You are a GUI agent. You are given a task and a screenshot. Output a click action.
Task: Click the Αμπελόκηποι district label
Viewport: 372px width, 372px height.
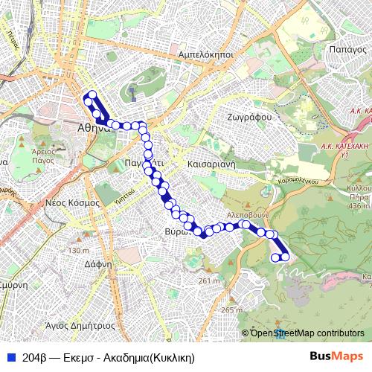(x=207, y=55)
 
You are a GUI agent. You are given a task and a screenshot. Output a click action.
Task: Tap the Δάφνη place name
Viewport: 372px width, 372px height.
(x=98, y=263)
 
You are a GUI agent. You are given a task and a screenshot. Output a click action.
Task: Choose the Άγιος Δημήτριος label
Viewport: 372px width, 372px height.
(x=80, y=325)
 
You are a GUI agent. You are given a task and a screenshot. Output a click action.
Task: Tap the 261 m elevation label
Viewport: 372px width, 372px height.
(x=210, y=280)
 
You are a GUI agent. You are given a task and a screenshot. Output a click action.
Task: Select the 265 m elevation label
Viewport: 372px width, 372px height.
(x=231, y=310)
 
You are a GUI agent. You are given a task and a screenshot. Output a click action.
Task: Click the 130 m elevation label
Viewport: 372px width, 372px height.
(x=78, y=250)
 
